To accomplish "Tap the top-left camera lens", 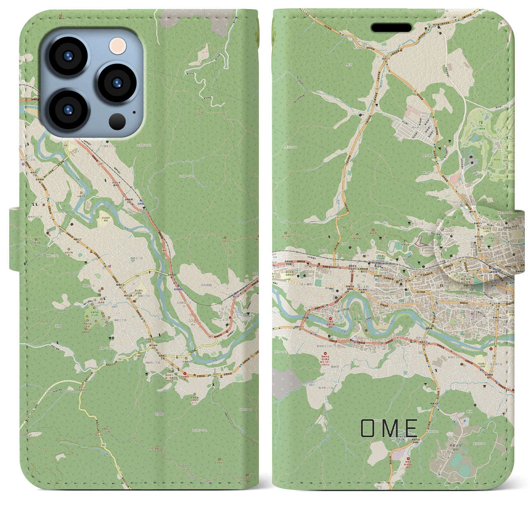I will tap(68, 56).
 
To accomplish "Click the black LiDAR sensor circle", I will tap(117, 121).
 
